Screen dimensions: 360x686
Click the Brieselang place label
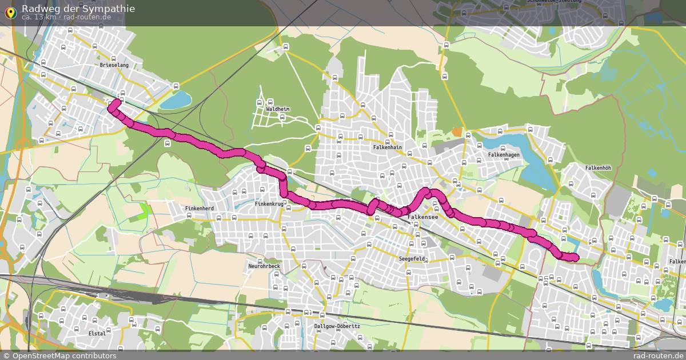coord(114,65)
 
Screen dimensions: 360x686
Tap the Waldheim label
coord(278,109)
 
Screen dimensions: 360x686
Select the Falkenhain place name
coord(388,147)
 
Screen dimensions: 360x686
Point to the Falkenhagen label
coord(504,155)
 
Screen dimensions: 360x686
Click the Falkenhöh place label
coord(598,168)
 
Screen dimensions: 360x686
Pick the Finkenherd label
coord(200,209)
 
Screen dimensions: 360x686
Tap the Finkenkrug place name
coord(269,203)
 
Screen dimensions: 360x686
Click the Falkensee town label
coord(422,218)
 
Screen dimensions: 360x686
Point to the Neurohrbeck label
coord(264,266)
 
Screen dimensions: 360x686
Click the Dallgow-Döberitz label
coord(337,326)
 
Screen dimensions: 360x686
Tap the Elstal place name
coord(97,333)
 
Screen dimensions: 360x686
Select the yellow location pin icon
coord(10,12)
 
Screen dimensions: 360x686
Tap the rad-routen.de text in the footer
coord(660,355)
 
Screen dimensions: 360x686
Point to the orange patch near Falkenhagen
coord(457,132)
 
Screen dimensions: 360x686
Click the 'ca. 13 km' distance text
coord(39,17)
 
